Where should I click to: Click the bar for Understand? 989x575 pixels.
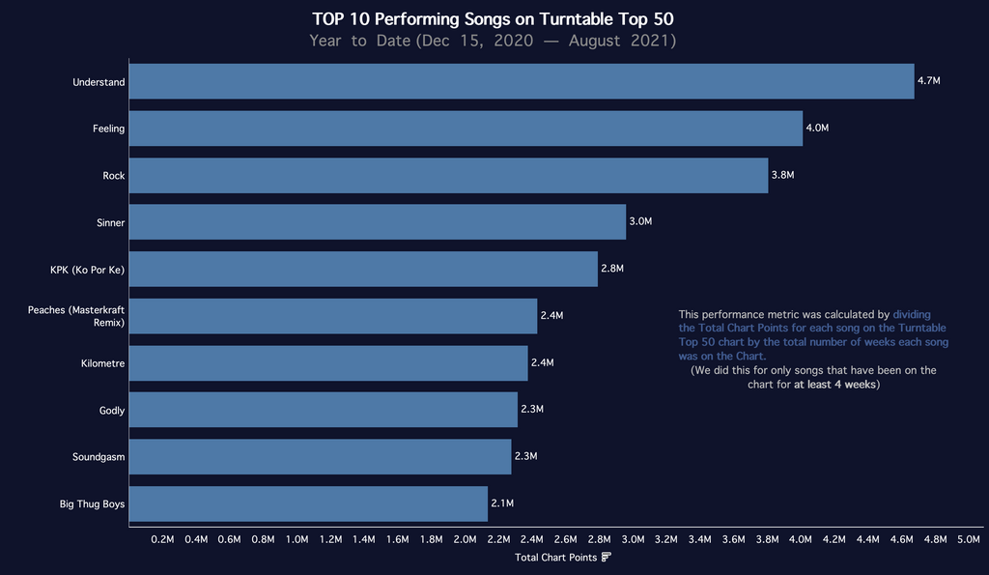point(522,82)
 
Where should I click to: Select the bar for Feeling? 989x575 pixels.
point(466,129)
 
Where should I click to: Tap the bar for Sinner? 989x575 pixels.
point(377,222)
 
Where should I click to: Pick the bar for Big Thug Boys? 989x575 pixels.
point(308,503)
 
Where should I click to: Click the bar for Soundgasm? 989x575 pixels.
point(320,456)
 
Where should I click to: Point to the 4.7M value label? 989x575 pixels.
point(928,81)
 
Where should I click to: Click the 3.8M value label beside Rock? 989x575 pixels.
point(782,175)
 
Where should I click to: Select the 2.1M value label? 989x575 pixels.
point(502,503)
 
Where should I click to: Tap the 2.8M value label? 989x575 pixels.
point(612,269)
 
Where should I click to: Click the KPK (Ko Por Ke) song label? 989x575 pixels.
point(88,269)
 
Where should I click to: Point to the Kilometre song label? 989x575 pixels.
point(103,363)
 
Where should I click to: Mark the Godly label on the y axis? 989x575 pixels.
point(112,411)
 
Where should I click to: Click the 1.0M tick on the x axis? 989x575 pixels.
point(297,539)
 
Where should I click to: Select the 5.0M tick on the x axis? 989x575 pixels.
point(968,539)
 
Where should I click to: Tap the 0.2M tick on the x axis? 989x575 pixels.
point(163,539)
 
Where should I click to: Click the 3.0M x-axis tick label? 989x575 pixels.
point(633,539)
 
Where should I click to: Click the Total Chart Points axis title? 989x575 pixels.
point(556,558)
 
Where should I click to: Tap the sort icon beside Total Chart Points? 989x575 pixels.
point(606,558)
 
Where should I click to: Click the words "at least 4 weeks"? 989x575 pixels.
point(834,384)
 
